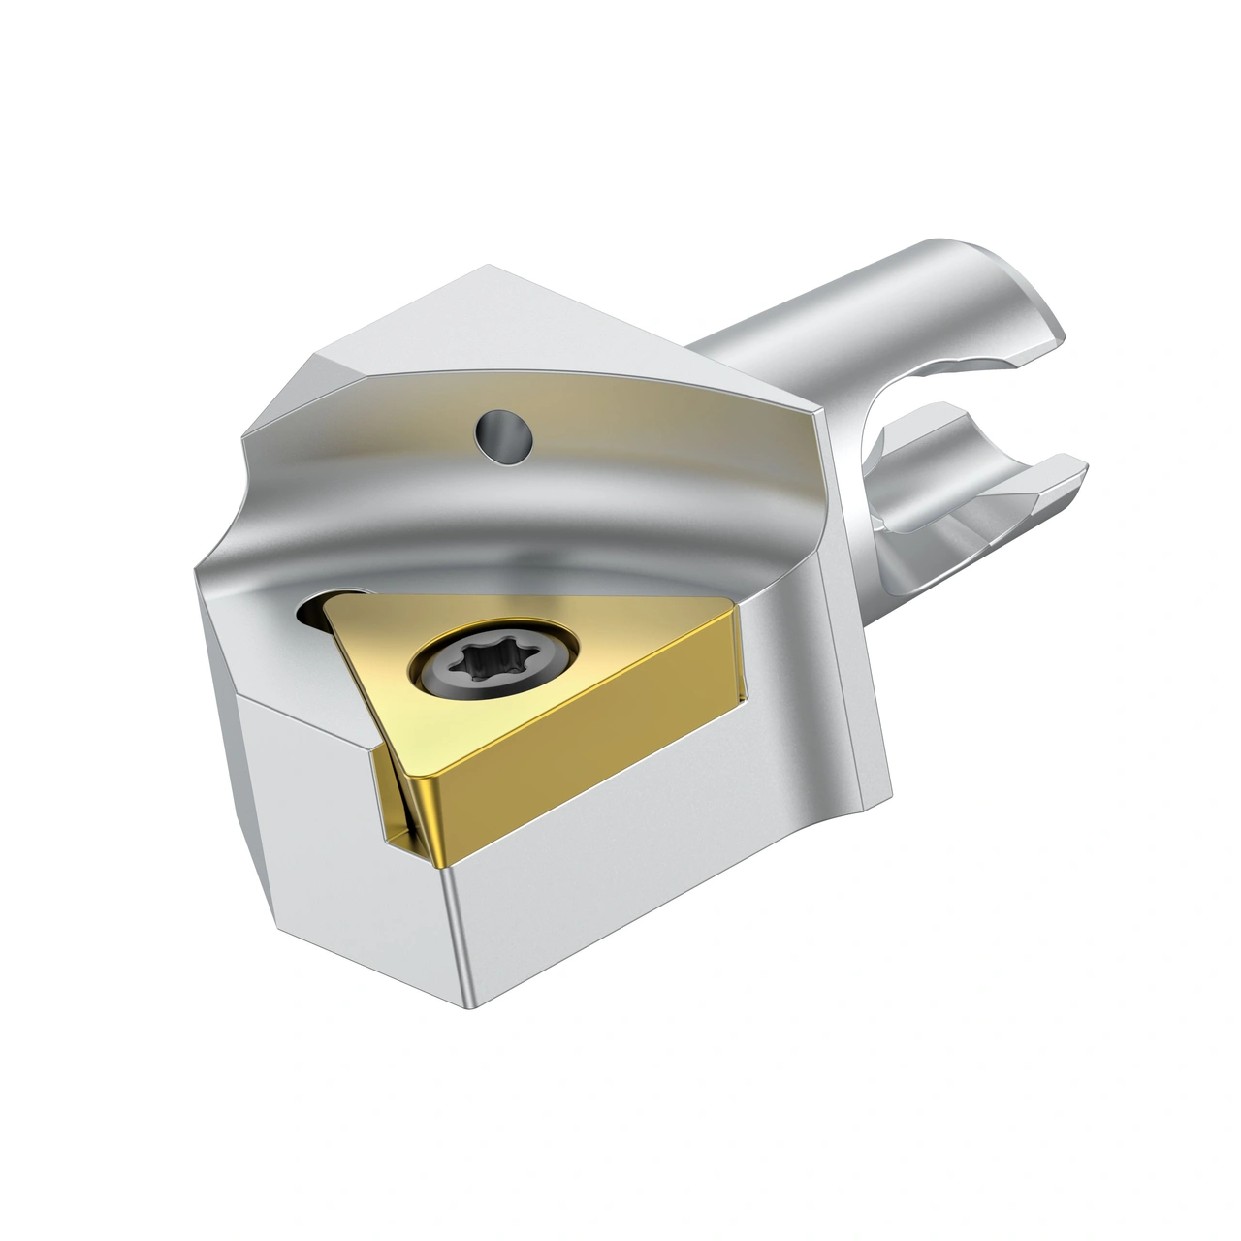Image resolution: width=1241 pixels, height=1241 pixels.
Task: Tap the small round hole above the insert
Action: pyautogui.click(x=504, y=432)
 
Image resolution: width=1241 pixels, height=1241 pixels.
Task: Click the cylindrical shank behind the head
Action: pyautogui.click(x=776, y=320)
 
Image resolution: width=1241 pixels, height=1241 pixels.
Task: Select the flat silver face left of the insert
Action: pyautogui.click(x=301, y=766)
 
